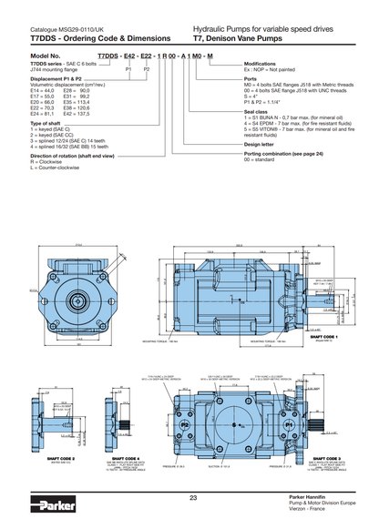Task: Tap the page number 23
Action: point(192,498)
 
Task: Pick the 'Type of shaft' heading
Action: point(46,122)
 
